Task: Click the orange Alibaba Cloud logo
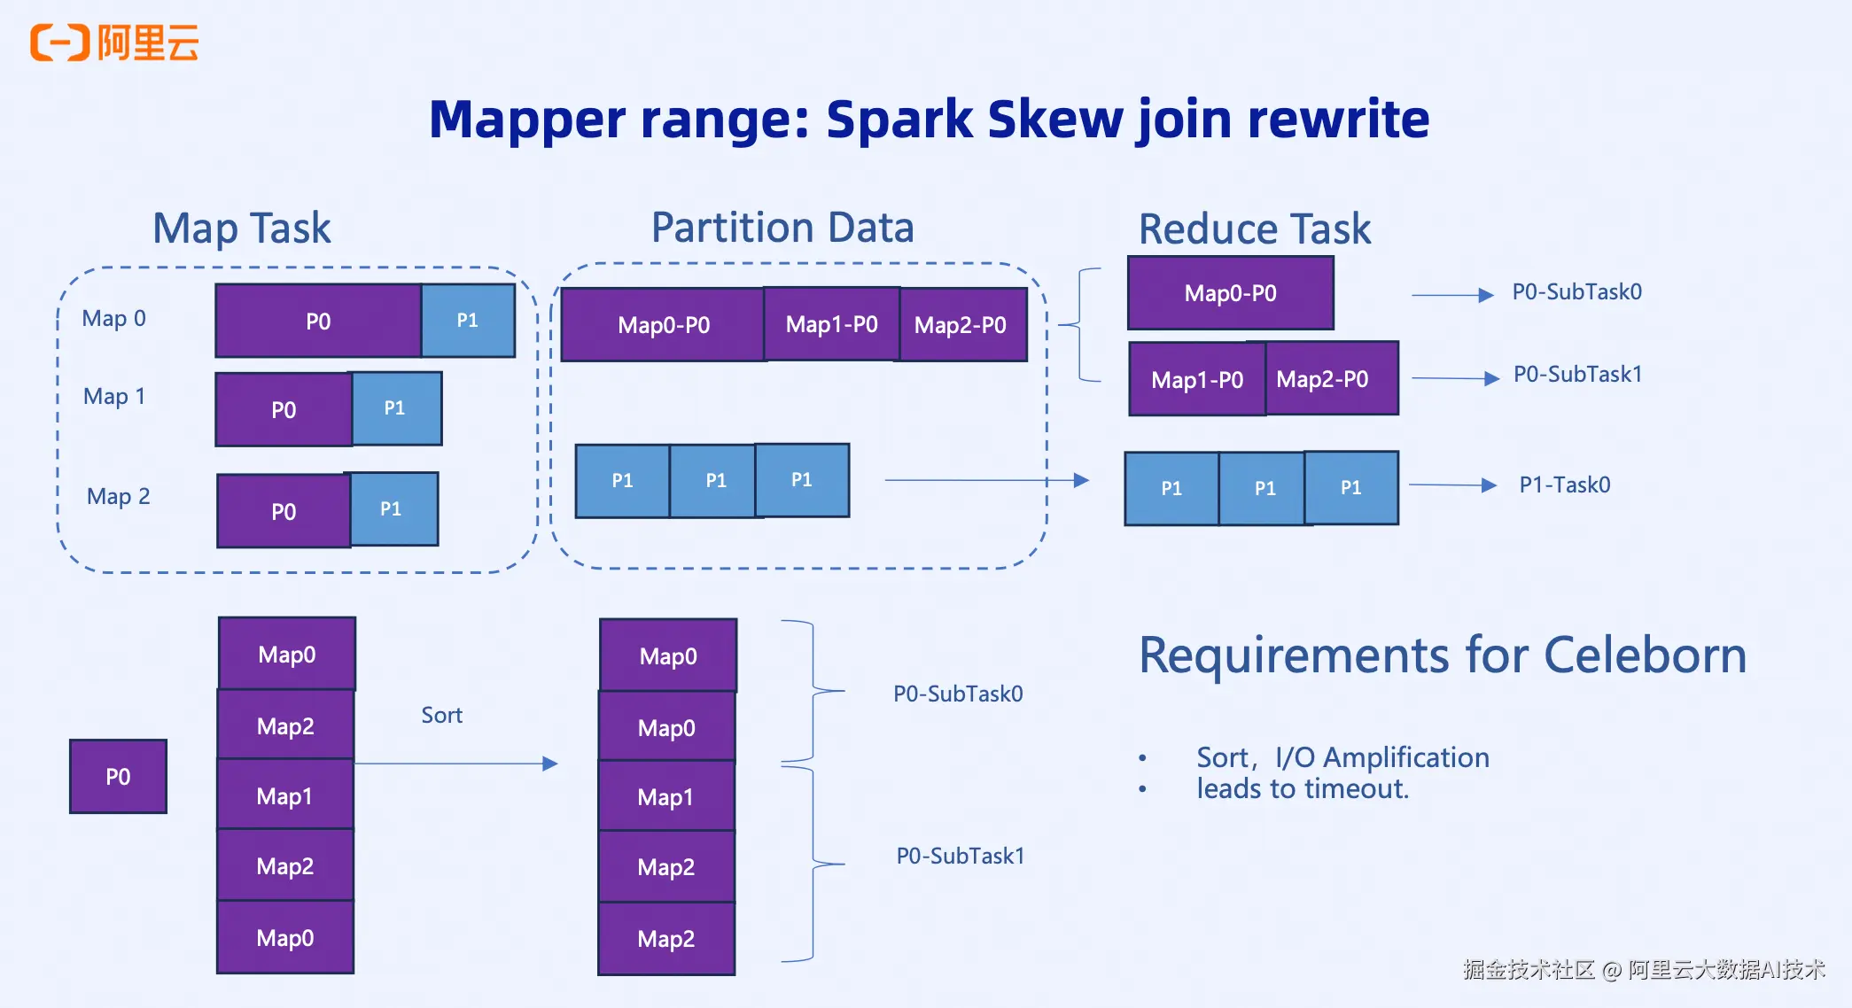[113, 43]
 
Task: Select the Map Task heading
[242, 229]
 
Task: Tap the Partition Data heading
[782, 228]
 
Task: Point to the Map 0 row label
[113, 319]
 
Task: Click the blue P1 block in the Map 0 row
[468, 321]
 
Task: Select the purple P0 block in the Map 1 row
[284, 410]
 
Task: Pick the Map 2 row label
[118, 497]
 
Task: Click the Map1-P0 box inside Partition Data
[831, 325]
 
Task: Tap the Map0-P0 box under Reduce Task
[1230, 293]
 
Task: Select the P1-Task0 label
[1564, 485]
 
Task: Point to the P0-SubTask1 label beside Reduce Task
[1577, 375]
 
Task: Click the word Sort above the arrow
[441, 716]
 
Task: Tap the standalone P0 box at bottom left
[118, 777]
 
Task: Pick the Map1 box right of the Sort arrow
[666, 797]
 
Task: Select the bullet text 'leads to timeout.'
[1302, 789]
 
